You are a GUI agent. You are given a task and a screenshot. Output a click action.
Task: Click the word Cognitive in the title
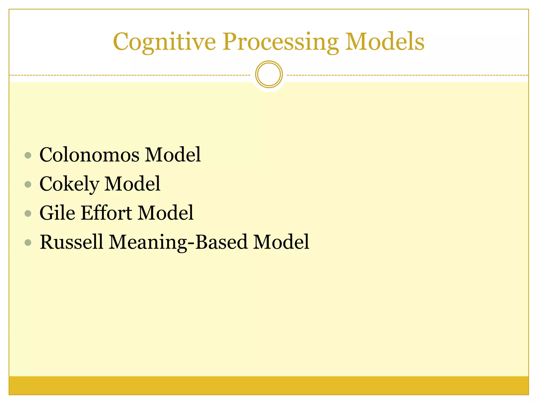(x=164, y=42)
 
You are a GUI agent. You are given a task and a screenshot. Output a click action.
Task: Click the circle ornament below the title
(x=269, y=74)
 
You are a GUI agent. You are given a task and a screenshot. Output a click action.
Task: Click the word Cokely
(x=69, y=184)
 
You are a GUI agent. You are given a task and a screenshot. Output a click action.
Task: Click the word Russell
(x=71, y=242)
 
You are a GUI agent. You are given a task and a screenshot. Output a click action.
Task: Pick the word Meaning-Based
(x=178, y=242)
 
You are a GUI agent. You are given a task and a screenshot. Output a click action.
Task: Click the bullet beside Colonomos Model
(x=28, y=155)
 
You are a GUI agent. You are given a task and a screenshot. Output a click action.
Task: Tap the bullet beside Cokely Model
(x=28, y=184)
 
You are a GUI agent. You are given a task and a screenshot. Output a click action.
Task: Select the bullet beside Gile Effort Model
(x=28, y=213)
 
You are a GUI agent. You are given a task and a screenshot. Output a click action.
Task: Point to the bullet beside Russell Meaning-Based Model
(x=28, y=242)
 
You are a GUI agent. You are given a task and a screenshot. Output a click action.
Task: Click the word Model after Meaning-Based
(x=281, y=242)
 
